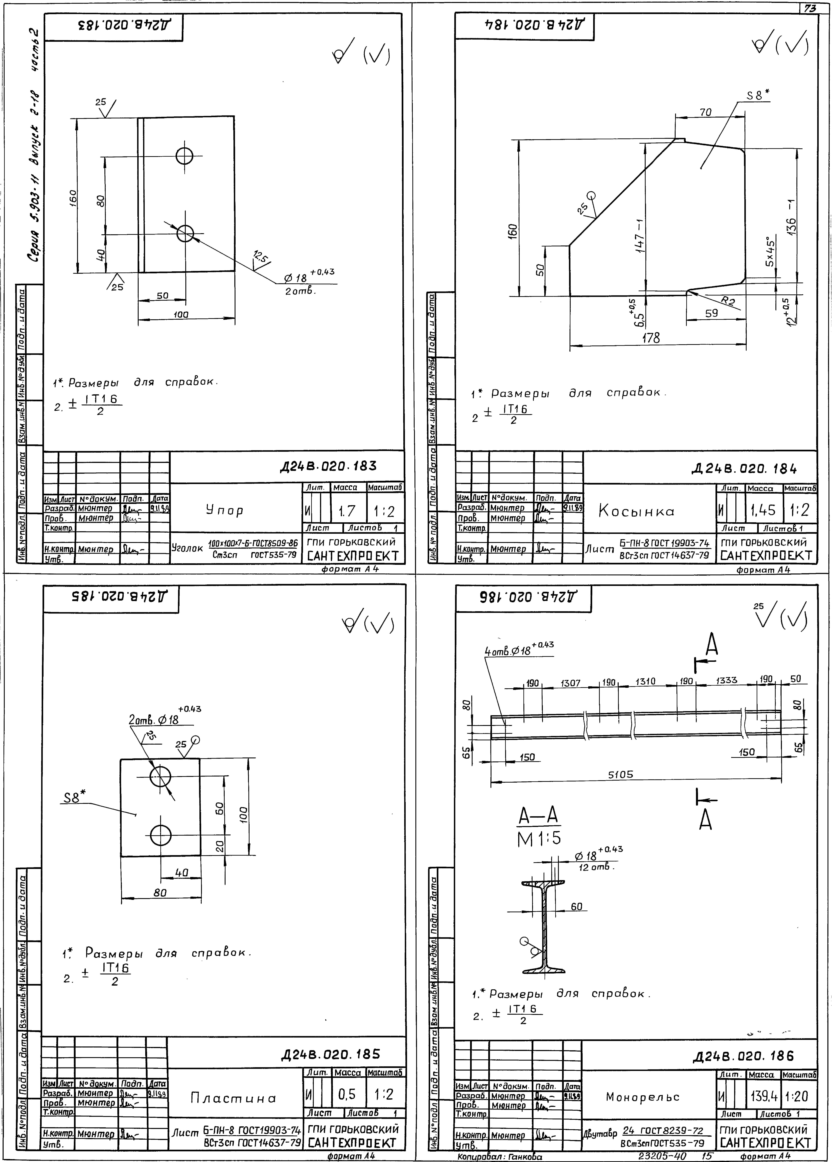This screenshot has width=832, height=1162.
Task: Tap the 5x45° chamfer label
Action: pyautogui.click(x=770, y=251)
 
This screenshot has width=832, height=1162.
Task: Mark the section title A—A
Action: pyautogui.click(x=538, y=815)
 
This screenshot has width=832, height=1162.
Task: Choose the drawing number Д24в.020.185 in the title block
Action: pyautogui.click(x=330, y=1055)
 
